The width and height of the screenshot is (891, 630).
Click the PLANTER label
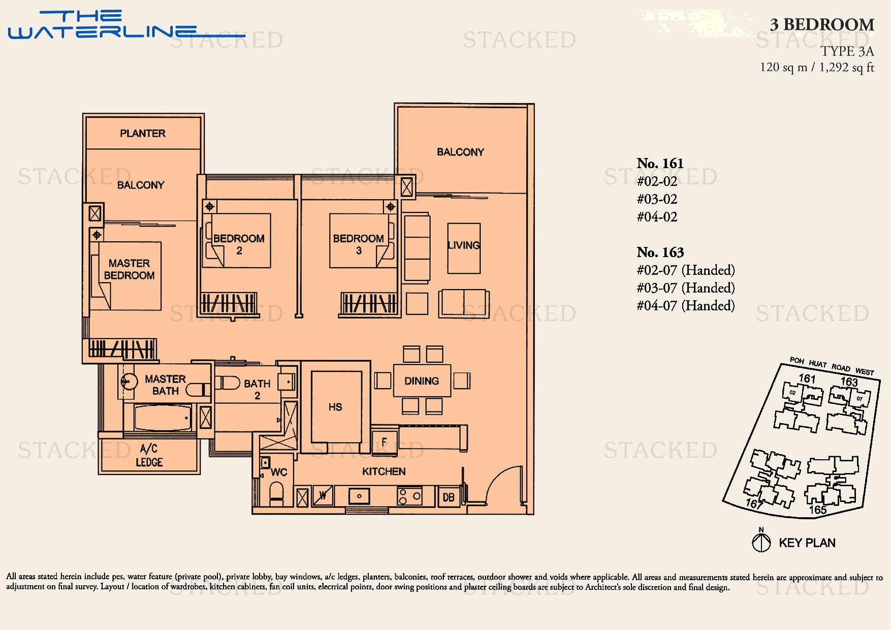(143, 133)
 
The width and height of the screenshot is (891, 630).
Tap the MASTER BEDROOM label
(129, 269)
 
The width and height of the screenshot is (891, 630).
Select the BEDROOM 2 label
(239, 244)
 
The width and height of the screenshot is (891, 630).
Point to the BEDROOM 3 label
(358, 244)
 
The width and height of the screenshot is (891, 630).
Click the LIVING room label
(463, 245)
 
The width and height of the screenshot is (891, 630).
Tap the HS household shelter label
(335, 407)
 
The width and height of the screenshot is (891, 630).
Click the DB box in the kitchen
(449, 497)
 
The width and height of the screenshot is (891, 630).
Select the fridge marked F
(384, 442)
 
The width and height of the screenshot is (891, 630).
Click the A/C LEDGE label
(149, 455)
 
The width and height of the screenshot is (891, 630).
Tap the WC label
(279, 472)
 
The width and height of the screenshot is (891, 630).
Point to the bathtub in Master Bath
(163, 418)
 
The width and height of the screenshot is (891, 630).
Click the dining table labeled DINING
(422, 381)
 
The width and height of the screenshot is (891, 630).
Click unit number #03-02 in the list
(657, 199)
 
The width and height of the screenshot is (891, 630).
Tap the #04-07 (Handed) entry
(685, 306)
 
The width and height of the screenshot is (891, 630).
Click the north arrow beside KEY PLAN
(761, 542)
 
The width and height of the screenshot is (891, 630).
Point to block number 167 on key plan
(754, 503)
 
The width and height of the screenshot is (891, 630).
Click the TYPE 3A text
(847, 51)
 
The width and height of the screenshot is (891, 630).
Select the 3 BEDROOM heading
(821, 24)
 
